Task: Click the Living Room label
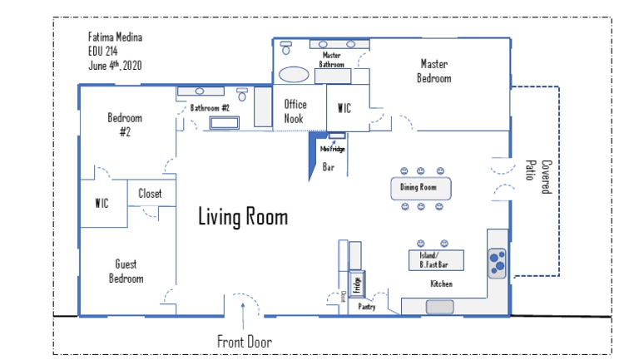coord(243,218)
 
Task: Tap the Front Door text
coord(245,342)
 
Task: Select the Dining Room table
coord(419,187)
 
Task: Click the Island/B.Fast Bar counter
coord(434,260)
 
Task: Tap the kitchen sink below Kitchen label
coord(440,307)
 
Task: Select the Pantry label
coord(367,307)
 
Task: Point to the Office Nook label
coord(295,111)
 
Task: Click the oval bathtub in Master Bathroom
coord(294,74)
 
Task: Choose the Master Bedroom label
coord(434,71)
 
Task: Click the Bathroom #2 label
coord(210,108)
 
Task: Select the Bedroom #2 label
coord(125,124)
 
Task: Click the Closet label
coord(150,195)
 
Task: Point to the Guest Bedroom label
coord(126,271)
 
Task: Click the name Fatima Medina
coord(116,37)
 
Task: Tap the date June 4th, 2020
coord(114,66)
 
